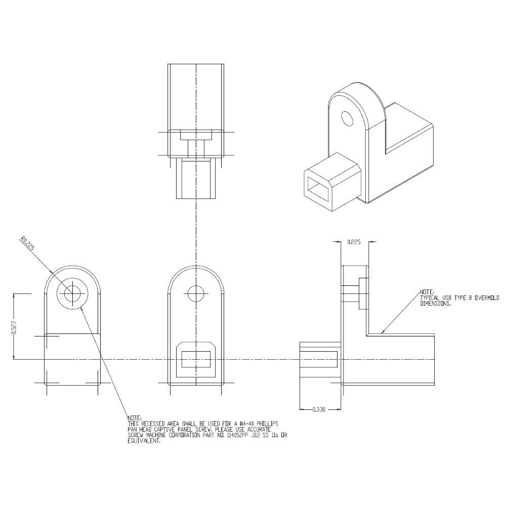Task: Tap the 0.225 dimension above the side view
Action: (354, 242)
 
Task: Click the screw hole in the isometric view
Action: (347, 118)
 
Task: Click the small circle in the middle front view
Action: (195, 293)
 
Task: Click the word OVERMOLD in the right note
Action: (485, 298)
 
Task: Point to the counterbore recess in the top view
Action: (196, 135)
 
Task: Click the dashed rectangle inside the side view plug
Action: (318, 359)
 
